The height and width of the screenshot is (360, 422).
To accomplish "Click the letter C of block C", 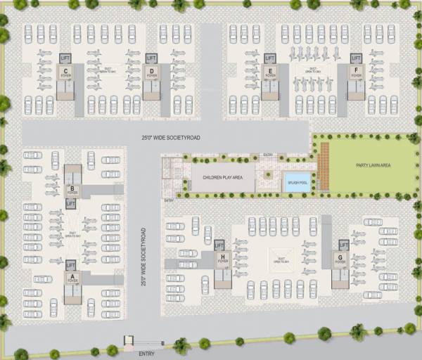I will click(x=65, y=72).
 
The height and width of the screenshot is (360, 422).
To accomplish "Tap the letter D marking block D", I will click(x=151, y=72).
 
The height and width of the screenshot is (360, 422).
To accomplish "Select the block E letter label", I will click(x=270, y=72).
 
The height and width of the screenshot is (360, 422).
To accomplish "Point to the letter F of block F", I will click(x=357, y=72).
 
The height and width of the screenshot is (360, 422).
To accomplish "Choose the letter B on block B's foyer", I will click(x=72, y=187).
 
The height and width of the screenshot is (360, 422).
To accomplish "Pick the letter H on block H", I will click(x=222, y=257).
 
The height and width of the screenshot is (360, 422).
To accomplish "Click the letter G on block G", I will click(x=340, y=257).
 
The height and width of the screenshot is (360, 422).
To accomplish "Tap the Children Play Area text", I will click(x=222, y=178).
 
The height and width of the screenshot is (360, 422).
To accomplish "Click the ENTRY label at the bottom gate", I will click(x=146, y=353).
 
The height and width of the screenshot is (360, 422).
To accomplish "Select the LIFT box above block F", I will click(x=356, y=58).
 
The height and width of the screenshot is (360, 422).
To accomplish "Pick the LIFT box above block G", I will click(x=344, y=244).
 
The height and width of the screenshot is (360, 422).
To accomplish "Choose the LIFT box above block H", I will click(x=219, y=244).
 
